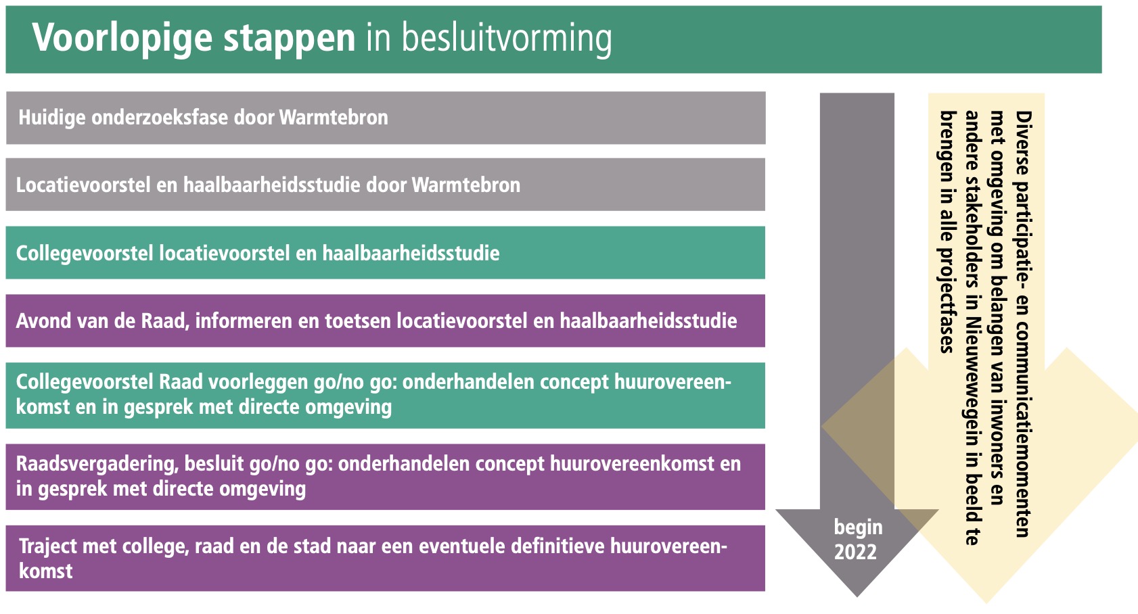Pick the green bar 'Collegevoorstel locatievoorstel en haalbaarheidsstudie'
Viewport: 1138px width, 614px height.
pos(385,253)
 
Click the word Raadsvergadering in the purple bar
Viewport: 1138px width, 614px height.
pos(97,465)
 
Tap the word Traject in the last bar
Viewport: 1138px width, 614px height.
pos(48,546)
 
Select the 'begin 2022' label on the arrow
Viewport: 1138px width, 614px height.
pos(858,540)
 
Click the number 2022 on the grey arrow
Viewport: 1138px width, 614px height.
pos(856,552)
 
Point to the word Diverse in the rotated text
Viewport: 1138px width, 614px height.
pos(1023,143)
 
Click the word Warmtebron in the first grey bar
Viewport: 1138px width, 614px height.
pos(334,118)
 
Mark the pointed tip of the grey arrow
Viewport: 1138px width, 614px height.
pos(857,596)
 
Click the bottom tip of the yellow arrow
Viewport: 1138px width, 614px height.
pos(986,603)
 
